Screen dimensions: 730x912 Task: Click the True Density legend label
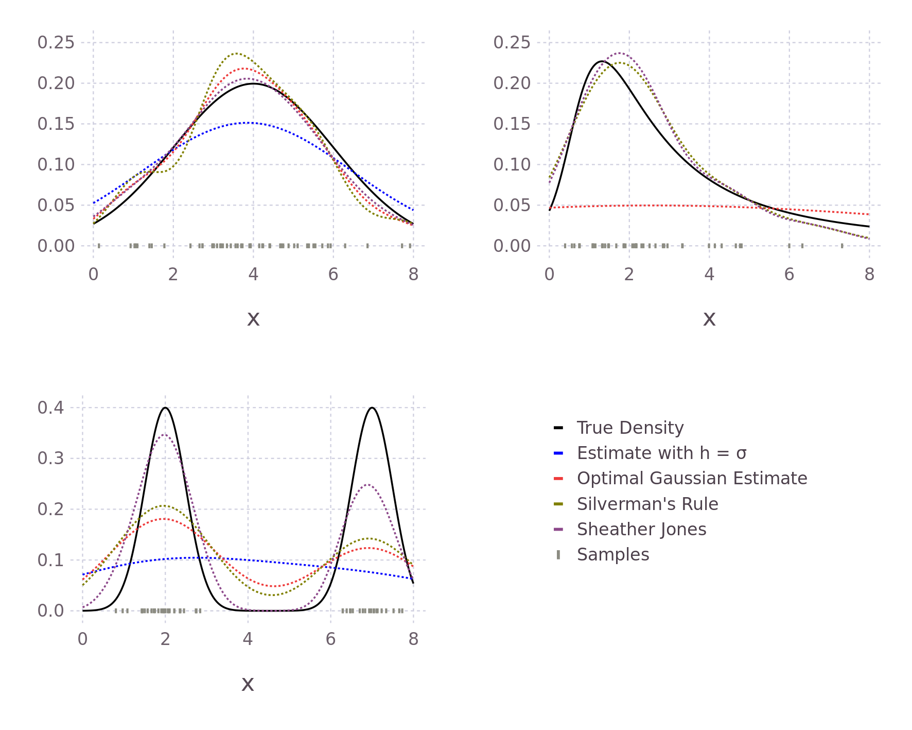point(630,428)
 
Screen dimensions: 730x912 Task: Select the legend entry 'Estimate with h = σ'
point(661,453)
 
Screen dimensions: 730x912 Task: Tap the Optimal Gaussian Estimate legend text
point(692,478)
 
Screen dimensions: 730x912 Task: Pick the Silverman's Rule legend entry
point(647,504)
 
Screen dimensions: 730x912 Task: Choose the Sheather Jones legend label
point(641,529)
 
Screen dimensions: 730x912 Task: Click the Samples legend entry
point(612,554)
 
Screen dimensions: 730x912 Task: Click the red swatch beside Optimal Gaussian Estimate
point(558,479)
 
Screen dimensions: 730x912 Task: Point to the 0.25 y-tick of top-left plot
point(56,42)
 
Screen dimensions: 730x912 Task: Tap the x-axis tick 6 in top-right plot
point(789,274)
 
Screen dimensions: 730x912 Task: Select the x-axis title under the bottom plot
point(248,684)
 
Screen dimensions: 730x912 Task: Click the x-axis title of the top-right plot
point(709,319)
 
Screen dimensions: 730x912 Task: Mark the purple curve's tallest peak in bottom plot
point(165,433)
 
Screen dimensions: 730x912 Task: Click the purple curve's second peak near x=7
point(367,484)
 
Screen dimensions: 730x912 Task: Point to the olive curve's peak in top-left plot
point(237,54)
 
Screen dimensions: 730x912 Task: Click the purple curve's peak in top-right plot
point(621,53)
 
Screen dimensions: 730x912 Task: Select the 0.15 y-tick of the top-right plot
point(512,124)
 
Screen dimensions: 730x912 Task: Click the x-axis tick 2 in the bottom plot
point(165,639)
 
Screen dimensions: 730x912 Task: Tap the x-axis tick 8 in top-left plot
point(413,274)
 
